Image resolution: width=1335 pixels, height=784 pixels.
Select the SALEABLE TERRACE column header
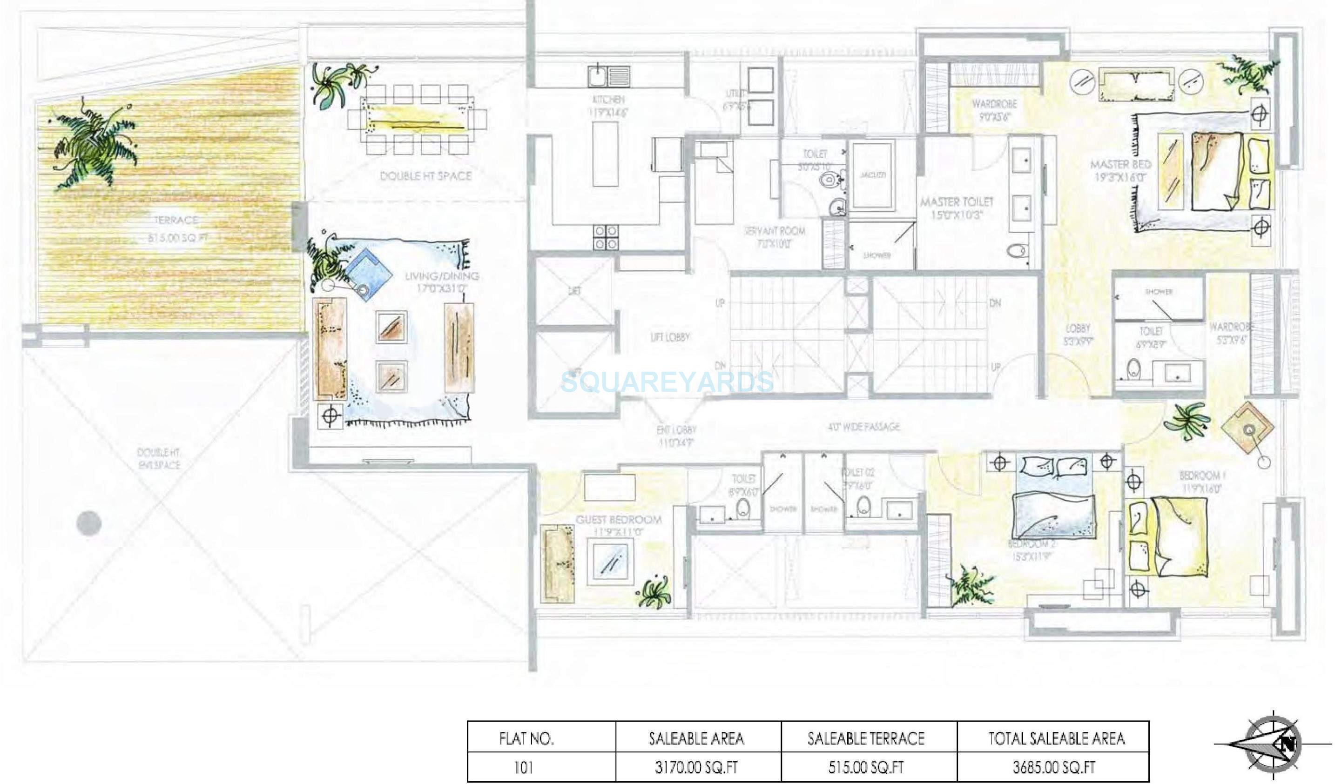(866, 738)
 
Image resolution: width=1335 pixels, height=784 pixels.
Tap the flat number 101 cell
(523, 767)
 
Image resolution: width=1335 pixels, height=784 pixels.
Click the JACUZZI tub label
(872, 174)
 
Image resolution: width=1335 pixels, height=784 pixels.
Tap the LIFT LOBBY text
(670, 337)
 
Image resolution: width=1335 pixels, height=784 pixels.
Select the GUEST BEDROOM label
(618, 520)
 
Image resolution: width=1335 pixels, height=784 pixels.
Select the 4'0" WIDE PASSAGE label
(863, 426)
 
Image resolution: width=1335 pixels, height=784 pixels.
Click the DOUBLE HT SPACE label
(425, 176)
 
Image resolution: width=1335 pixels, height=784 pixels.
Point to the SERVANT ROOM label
(774, 231)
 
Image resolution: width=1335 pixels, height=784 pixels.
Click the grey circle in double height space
(88, 523)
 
